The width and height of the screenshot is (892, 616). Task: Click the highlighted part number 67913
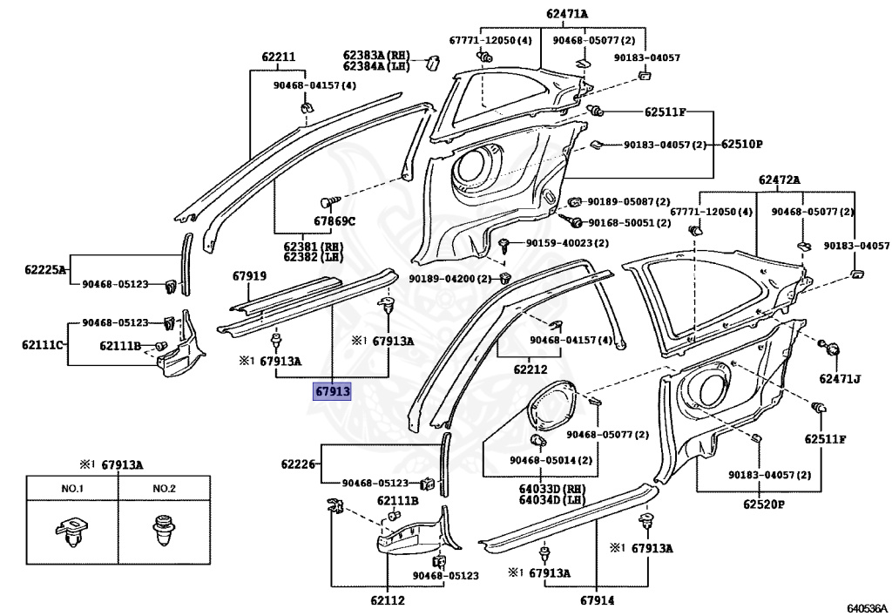[x=332, y=391]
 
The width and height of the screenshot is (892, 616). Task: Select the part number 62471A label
[x=567, y=14]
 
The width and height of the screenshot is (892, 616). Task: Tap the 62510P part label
[x=742, y=144]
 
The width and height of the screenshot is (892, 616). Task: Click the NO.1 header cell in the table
[x=72, y=489]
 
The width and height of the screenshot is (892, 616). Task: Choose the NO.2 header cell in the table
[x=165, y=489]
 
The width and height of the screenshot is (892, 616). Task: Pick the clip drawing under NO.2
[x=164, y=530]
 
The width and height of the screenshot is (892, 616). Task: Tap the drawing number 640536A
[x=867, y=609]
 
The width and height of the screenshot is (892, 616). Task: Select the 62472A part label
[x=779, y=180]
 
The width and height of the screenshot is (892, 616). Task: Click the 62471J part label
[x=840, y=378]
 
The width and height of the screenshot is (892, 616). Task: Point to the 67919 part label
[x=249, y=276]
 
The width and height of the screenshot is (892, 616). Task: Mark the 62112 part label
[x=388, y=600]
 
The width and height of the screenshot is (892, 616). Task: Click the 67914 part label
[x=598, y=600]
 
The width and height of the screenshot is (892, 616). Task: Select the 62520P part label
[x=763, y=504]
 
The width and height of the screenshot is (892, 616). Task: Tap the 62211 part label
[x=279, y=57]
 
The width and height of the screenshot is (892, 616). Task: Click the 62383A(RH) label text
[x=376, y=55]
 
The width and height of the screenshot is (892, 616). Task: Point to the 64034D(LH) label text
[x=551, y=500]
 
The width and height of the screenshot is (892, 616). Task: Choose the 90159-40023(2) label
[x=566, y=243]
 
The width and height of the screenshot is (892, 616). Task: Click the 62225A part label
[x=45, y=269]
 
